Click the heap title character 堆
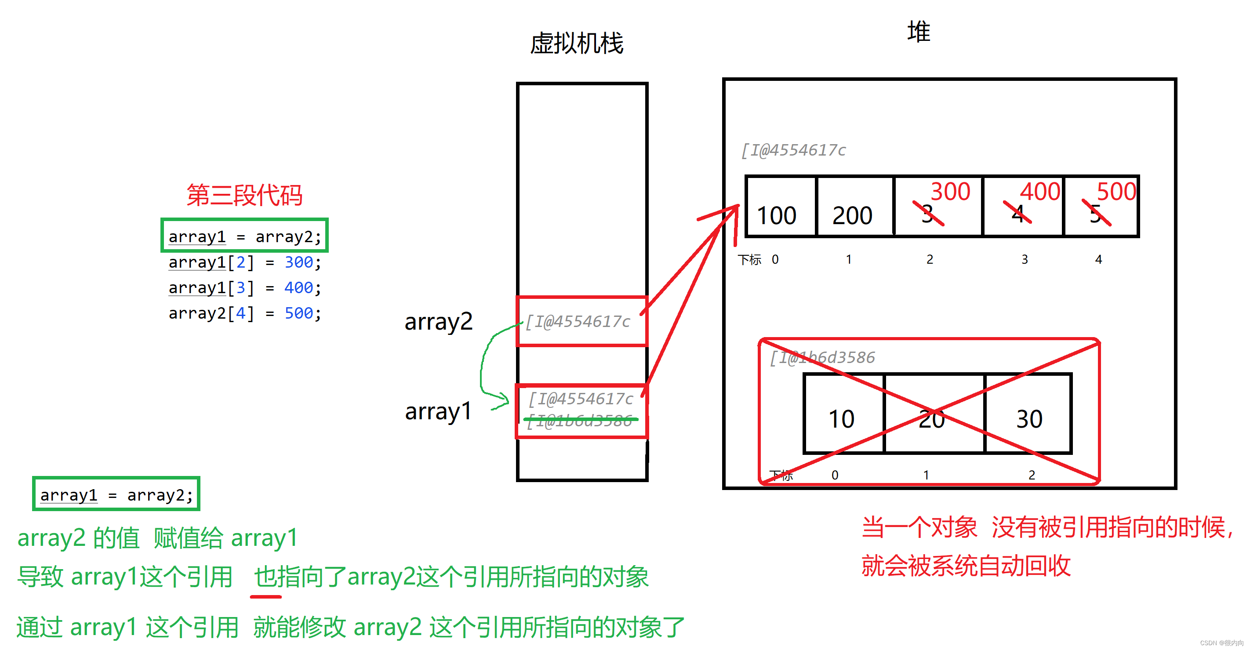coord(919,32)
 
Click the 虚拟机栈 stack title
coord(577,44)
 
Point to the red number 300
coord(950,191)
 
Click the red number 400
coord(1039,191)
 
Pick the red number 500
coord(1116,191)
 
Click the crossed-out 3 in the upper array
coord(927,214)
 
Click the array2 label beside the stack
coord(438,322)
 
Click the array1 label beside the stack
coord(438,411)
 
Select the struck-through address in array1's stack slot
coord(580,421)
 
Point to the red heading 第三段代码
coord(244,195)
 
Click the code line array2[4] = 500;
coord(244,313)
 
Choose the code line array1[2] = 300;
coord(244,262)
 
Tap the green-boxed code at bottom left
coord(116,495)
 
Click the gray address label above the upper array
coord(793,150)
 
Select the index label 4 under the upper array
coord(1098,259)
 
